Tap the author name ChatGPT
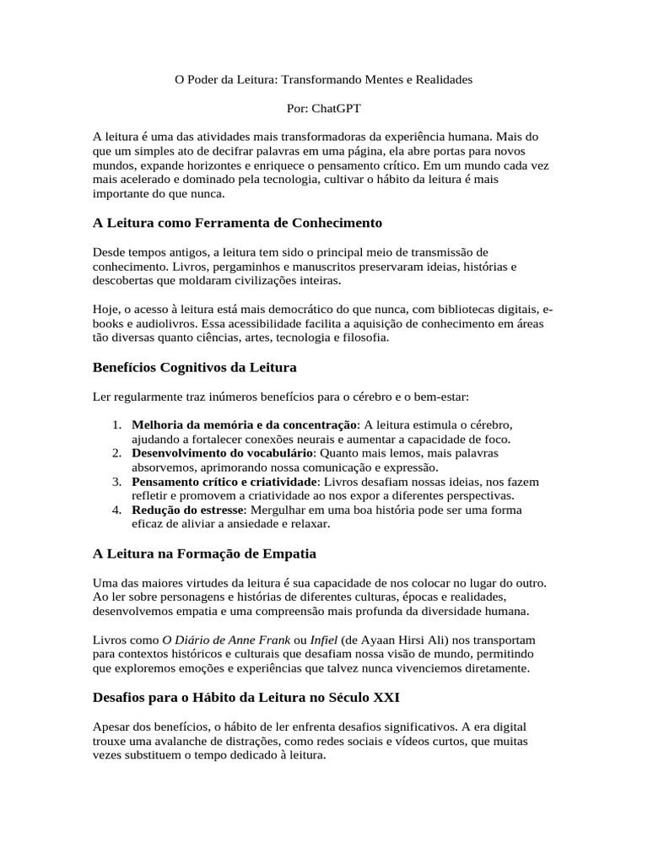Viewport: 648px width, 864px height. point(336,108)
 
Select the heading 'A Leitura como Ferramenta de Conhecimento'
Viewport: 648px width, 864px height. point(237,223)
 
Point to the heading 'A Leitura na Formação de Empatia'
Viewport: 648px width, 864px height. point(204,553)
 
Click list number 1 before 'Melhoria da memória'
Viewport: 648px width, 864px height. point(117,424)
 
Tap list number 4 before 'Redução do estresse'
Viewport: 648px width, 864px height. point(117,510)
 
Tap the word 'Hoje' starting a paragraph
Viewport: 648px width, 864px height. point(105,309)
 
